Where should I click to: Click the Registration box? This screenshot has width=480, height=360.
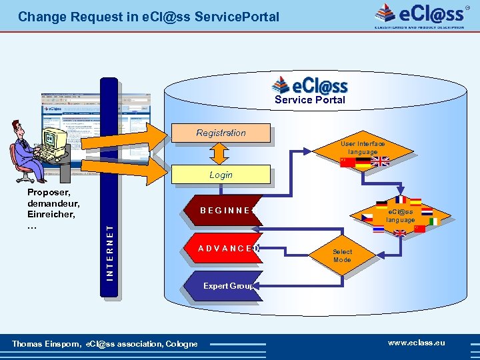point(221,133)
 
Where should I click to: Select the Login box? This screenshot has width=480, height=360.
point(221,175)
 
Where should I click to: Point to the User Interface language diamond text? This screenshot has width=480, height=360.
point(363,147)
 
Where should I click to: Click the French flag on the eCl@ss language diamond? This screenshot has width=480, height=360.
point(400,199)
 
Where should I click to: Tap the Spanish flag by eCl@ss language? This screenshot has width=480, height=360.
point(415,202)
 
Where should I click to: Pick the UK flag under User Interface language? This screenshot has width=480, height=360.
point(381,161)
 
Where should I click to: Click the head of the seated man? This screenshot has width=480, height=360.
point(19,128)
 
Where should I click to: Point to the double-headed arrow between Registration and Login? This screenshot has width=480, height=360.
point(221,154)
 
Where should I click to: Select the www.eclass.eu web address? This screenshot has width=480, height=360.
point(416,343)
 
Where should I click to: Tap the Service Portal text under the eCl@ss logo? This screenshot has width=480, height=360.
point(310,100)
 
